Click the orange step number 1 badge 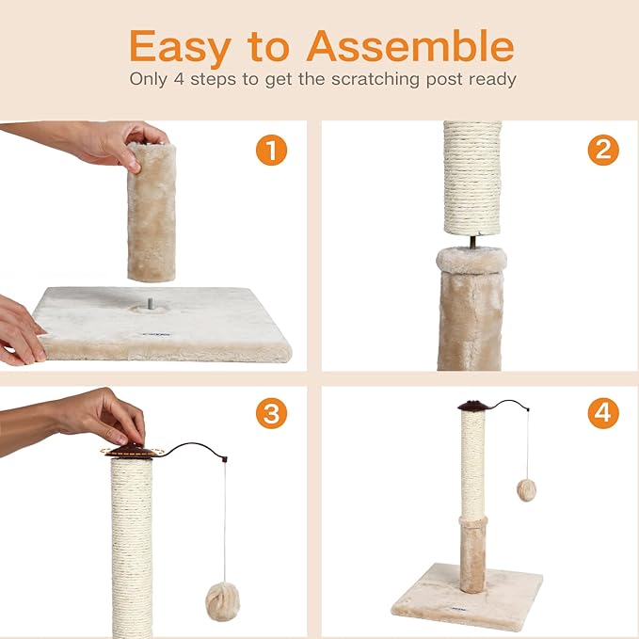[x=271, y=150]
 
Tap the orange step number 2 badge [x=603, y=150]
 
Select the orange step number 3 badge [x=271, y=413]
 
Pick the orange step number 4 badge [x=603, y=413]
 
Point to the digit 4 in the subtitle [x=178, y=79]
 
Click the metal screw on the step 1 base [x=148, y=304]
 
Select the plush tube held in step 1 [x=151, y=212]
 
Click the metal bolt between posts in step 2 [x=471, y=242]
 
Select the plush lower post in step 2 [x=470, y=311]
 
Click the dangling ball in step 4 [x=526, y=490]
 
